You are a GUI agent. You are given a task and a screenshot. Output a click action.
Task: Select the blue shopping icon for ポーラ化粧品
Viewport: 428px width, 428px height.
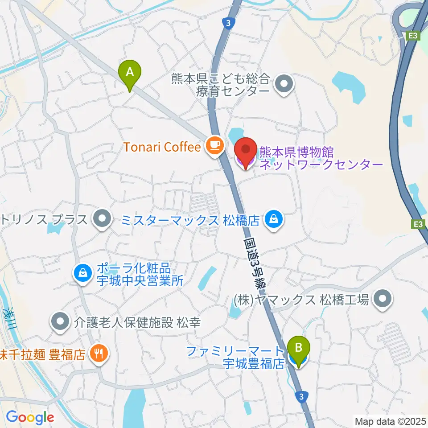click(82, 272)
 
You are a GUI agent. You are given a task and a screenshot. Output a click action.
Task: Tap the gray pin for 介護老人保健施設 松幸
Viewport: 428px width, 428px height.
click(59, 322)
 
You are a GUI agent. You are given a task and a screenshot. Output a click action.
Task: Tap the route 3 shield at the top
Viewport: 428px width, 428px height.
click(228, 24)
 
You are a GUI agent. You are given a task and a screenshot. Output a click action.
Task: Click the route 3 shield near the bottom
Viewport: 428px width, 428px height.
click(302, 396)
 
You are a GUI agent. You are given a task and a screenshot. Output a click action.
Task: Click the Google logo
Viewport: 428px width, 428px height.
click(30, 418)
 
